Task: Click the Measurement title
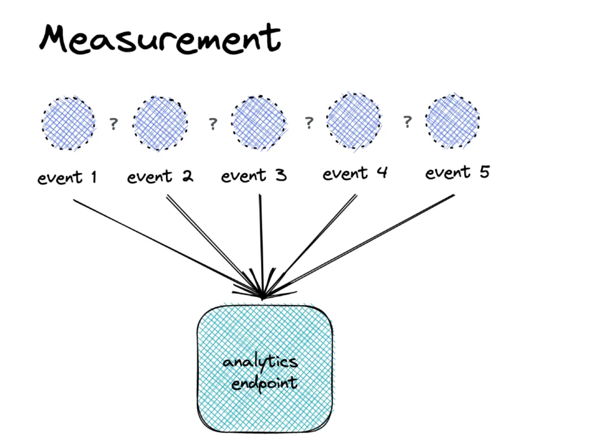[160, 39]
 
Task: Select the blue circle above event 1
[69, 123]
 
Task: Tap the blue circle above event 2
[160, 123]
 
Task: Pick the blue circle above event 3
[259, 123]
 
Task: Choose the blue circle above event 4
[354, 121]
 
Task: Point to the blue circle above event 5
[453, 121]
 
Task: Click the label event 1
[67, 177]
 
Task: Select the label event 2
[160, 177]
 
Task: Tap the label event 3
[254, 175]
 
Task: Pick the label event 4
[355, 173]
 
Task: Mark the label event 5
[457, 172]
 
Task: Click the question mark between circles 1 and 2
[113, 124]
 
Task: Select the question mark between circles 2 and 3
[213, 123]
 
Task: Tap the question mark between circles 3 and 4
[309, 122]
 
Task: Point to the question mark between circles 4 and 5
[407, 122]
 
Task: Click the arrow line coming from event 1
[159, 244]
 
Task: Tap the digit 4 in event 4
[382, 172]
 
